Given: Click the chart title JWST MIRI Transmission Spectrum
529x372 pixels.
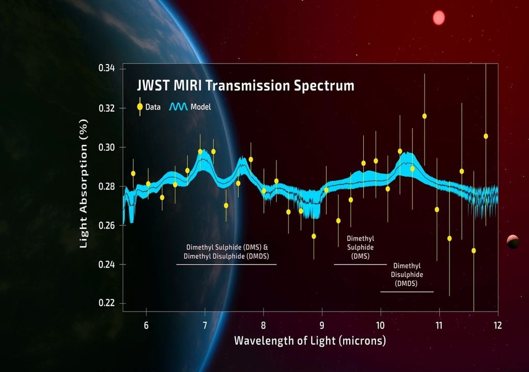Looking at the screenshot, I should (x=245, y=86).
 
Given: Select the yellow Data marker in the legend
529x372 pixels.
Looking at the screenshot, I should (x=140, y=107).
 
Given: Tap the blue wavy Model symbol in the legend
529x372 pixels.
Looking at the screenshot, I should (x=179, y=107).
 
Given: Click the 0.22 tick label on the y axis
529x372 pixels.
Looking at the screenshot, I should (x=107, y=303).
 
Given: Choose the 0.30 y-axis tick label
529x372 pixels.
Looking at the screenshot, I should (x=107, y=147).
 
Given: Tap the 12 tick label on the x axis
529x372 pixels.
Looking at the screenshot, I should (x=497, y=326).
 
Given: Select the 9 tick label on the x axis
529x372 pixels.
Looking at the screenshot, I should (x=322, y=326).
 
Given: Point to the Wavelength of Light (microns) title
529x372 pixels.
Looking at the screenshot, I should (x=309, y=341).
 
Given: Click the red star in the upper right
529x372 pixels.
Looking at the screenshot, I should (x=439, y=18).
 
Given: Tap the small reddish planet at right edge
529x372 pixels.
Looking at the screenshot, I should (x=512, y=241).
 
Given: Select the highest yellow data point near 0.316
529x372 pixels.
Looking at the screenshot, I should (x=425, y=116).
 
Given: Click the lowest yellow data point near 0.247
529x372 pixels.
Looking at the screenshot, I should (x=474, y=251).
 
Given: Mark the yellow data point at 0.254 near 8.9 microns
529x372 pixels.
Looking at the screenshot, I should (x=314, y=236).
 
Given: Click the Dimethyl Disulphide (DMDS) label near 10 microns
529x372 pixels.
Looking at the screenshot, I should (x=407, y=274).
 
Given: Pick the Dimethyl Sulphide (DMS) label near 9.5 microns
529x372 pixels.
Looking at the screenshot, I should (x=360, y=247).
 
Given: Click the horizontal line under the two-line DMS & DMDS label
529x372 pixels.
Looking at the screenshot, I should (x=226, y=265).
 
